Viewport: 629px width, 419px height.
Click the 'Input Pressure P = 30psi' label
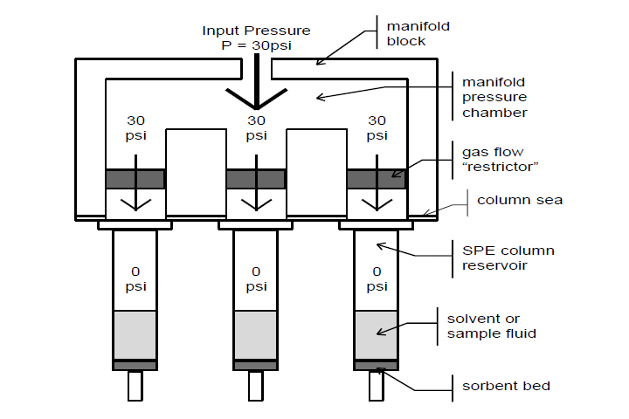pyautogui.click(x=256, y=38)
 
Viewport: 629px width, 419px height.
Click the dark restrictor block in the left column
pyautogui.click(x=135, y=179)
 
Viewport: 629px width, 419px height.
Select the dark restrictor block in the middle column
pyautogui.click(x=256, y=179)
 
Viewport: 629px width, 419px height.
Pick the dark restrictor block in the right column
pyautogui.click(x=377, y=179)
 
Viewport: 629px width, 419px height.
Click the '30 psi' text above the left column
pyautogui.click(x=135, y=127)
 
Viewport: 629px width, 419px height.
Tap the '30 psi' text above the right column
pyautogui.click(x=377, y=127)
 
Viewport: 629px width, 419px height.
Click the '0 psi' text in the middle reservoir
pyautogui.click(x=256, y=278)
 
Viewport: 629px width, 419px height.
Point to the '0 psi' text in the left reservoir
pyautogui.click(x=135, y=278)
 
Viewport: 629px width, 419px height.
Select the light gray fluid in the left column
pyautogui.click(x=135, y=335)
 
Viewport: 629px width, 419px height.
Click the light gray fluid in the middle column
pyautogui.click(x=256, y=335)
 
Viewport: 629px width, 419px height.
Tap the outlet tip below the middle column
pyautogui.click(x=256, y=386)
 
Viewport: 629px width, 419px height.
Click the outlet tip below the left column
pyautogui.click(x=135, y=386)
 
